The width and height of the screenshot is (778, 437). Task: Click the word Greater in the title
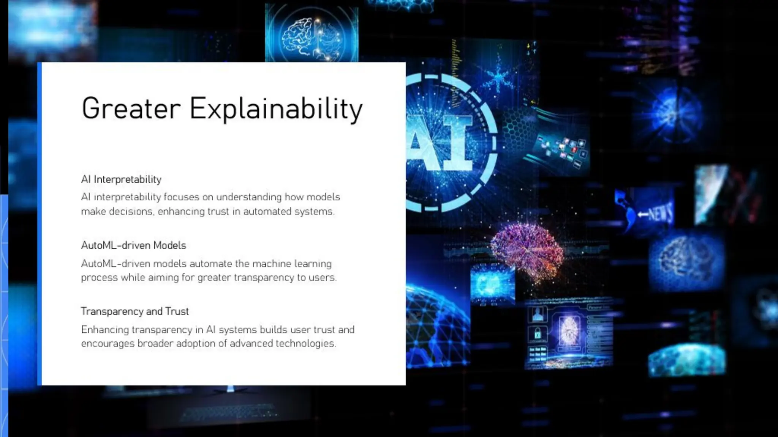tap(131, 109)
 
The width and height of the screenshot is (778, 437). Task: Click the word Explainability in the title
tap(276, 109)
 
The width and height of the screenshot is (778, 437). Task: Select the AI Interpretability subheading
tap(121, 179)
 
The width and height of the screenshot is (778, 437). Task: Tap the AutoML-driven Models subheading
tap(133, 245)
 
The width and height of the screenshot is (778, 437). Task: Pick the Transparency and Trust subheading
tap(135, 311)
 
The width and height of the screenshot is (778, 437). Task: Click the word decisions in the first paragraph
tap(131, 211)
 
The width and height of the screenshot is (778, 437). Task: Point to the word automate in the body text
tap(210, 264)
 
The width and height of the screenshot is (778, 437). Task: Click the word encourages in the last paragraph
tap(108, 344)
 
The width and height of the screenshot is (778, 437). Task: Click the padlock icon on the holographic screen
tap(538, 334)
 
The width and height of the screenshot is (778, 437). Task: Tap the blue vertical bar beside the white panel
tap(39, 224)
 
